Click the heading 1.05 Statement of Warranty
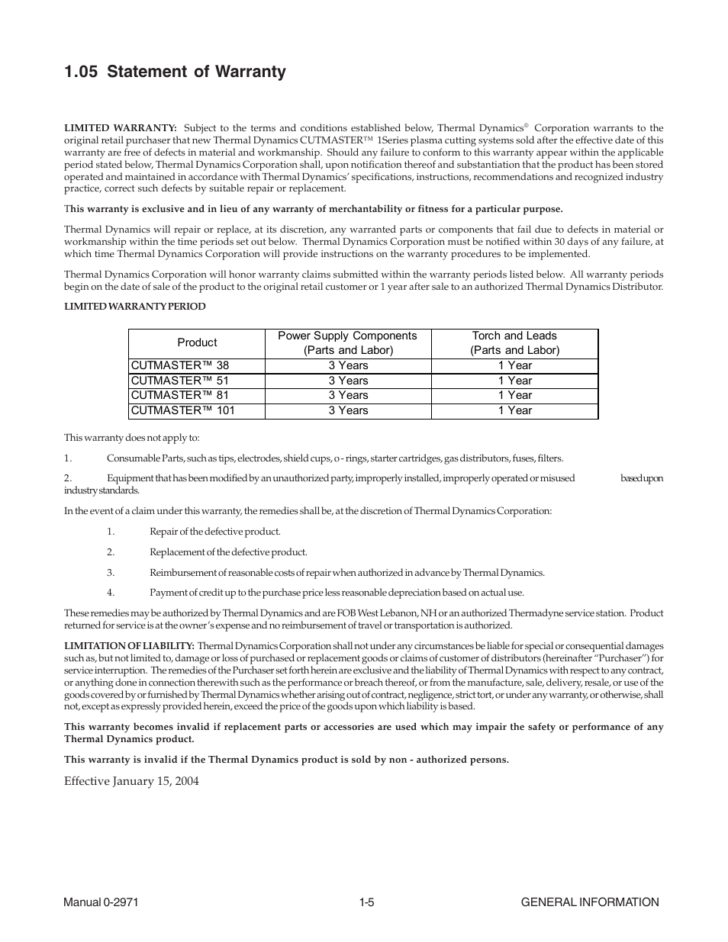[175, 72]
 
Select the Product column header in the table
[197, 343]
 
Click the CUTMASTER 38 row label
[179, 365]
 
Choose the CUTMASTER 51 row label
[179, 381]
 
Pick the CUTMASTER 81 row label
[179, 395]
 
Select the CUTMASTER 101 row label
[182, 410]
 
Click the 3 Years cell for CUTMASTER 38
[348, 365]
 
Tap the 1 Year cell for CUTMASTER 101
[515, 410]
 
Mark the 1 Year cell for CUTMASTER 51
[515, 381]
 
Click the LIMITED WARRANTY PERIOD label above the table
[134, 307]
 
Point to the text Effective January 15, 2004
[131, 781]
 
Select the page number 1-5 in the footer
[366, 902]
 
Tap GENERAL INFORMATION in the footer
[589, 902]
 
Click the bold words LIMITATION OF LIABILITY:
[129, 646]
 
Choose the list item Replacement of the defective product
[228, 552]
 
